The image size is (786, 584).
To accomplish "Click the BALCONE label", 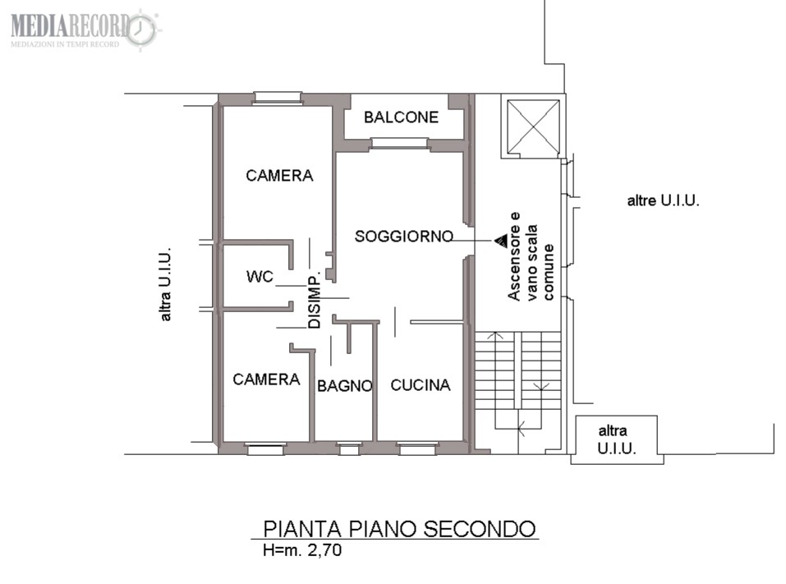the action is pyautogui.click(x=401, y=117).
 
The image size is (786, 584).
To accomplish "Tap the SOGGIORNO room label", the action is pyautogui.click(x=404, y=236).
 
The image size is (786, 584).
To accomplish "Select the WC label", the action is pyautogui.click(x=260, y=276).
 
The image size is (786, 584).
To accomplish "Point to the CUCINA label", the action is pyautogui.click(x=420, y=385).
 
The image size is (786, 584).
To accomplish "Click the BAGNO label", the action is pyautogui.click(x=345, y=386).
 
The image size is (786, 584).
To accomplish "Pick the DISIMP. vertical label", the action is pyautogui.click(x=315, y=301).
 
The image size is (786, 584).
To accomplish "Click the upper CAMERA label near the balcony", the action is pyautogui.click(x=279, y=176).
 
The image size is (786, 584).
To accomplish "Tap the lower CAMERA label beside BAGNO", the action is pyautogui.click(x=266, y=379).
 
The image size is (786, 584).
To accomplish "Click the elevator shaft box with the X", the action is pyautogui.click(x=533, y=126).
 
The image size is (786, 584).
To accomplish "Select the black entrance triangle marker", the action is pyautogui.click(x=501, y=241).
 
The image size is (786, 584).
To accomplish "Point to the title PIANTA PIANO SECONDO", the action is pyautogui.click(x=399, y=529).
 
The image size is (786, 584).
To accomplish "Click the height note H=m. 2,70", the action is pyautogui.click(x=302, y=550).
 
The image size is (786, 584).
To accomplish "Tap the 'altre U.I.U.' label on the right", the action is pyautogui.click(x=663, y=200).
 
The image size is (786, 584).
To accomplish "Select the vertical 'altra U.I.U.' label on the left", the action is pyautogui.click(x=165, y=283).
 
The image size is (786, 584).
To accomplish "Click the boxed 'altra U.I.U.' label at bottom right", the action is pyautogui.click(x=616, y=439).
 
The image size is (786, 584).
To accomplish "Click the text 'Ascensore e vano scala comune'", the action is pyautogui.click(x=531, y=256).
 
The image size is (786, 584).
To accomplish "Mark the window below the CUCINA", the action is pyautogui.click(x=417, y=448).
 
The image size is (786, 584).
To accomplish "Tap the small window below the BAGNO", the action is pyautogui.click(x=349, y=448).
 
